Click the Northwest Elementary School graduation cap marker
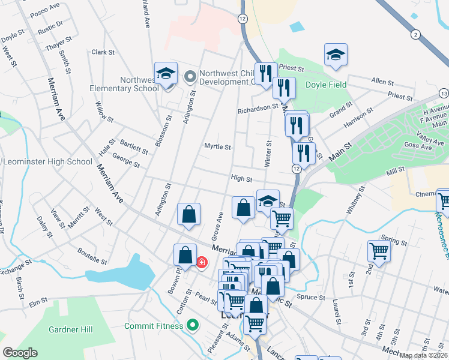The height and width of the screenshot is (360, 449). (x=166, y=74)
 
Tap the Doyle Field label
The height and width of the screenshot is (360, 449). (x=326, y=85)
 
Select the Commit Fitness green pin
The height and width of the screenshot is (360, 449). (x=192, y=326)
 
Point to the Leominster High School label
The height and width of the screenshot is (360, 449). (x=48, y=162)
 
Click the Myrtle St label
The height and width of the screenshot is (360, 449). (x=217, y=146)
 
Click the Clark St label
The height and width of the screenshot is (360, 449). (x=103, y=52)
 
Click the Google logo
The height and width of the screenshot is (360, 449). (x=20, y=353)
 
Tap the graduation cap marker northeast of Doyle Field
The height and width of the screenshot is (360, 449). (x=336, y=55)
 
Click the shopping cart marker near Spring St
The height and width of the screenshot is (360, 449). (x=379, y=251)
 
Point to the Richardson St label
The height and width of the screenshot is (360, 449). (x=258, y=109)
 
